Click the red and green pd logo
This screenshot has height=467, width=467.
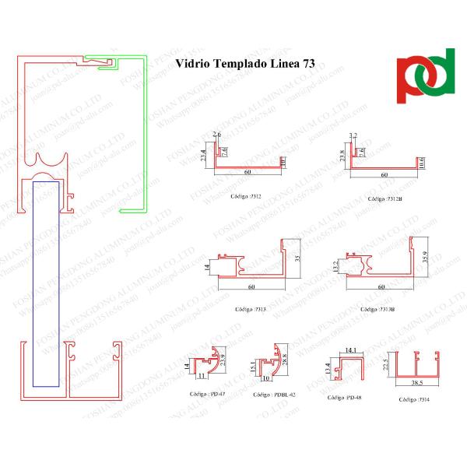coord(425,76)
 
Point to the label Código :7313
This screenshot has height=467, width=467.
coord(251,309)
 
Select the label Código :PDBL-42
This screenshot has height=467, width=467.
coord(272,395)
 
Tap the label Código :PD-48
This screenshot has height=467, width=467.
coord(345,397)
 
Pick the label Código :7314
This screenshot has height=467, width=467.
coord(414,399)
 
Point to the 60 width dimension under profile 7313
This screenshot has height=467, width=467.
coord(251,287)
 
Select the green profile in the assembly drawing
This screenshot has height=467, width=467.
coord(142,132)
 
